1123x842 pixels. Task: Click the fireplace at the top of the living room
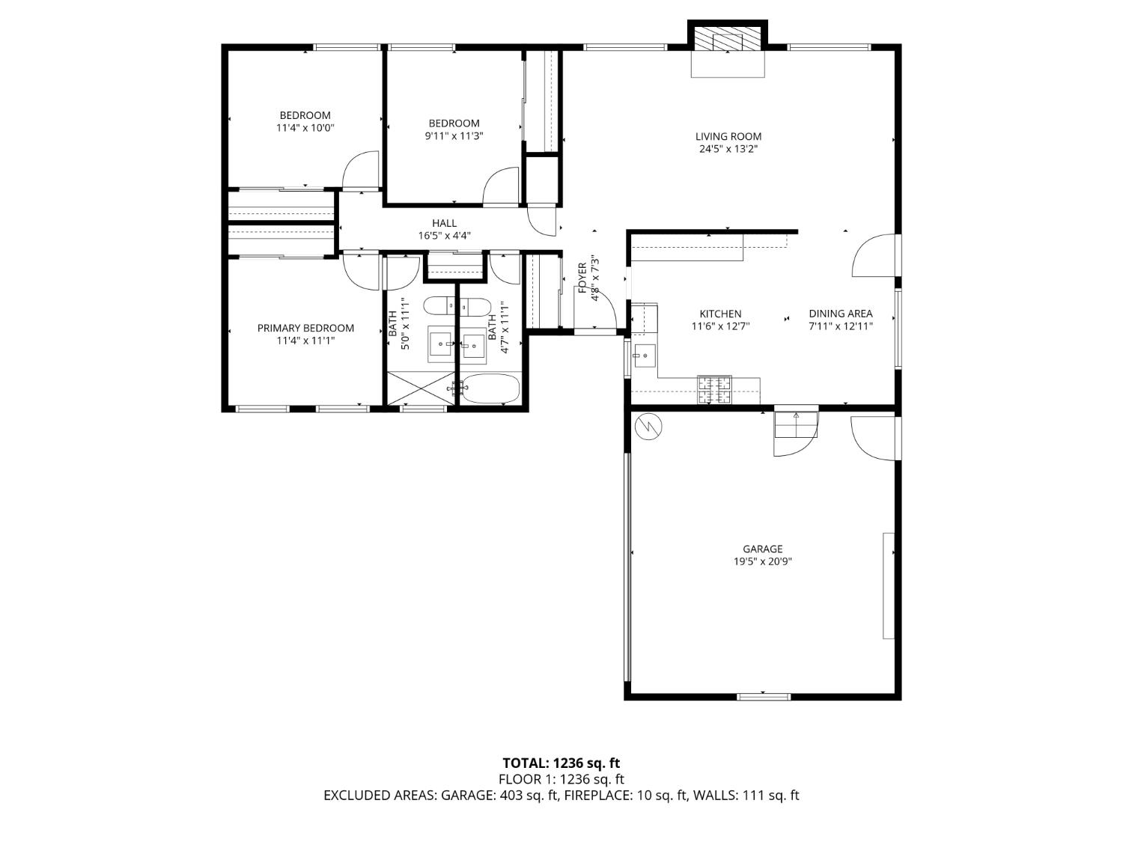pos(728,41)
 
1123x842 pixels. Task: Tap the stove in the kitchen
pos(714,390)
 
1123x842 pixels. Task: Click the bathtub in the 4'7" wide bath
pos(490,388)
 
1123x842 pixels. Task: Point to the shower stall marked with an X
pos(421,388)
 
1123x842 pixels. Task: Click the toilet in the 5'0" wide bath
pos(439,306)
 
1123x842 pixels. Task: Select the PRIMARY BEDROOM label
pos(305,328)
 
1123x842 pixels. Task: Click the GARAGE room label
pos(763,549)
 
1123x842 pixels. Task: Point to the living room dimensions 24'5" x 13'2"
pos(728,149)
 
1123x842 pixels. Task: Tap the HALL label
pos(444,223)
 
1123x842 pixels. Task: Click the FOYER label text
pos(582,278)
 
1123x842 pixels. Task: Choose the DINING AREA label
pos(840,314)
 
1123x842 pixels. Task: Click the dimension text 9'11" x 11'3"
pos(454,136)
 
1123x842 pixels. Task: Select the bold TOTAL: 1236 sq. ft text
pos(561,763)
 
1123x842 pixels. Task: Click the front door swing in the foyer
pos(603,311)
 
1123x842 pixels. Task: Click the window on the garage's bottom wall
pos(763,697)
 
